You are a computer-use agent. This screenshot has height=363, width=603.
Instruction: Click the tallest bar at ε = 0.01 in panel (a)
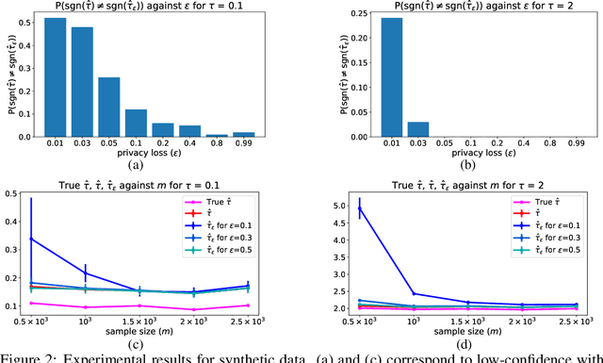[x=56, y=76]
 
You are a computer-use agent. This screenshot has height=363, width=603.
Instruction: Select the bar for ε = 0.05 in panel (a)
[x=109, y=106]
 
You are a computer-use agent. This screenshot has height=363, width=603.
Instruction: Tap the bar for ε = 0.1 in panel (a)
[x=136, y=123]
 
